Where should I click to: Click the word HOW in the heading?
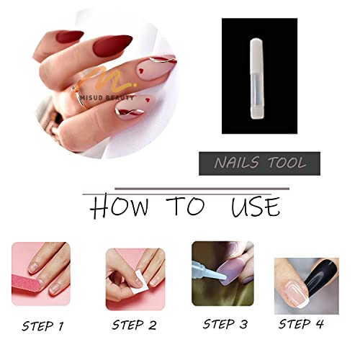click(120, 207)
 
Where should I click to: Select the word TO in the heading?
click(186, 207)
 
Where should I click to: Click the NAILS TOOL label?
click(260, 163)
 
